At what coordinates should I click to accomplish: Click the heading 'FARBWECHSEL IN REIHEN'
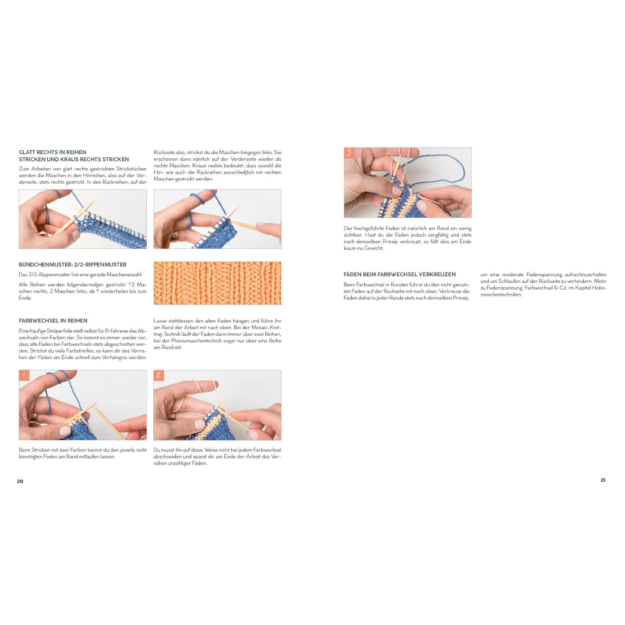(x=53, y=320)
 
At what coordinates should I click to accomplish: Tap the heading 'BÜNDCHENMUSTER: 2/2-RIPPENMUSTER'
(x=72, y=265)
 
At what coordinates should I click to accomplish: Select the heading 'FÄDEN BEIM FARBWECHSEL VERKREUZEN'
(x=400, y=274)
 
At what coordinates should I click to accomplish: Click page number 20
(x=20, y=481)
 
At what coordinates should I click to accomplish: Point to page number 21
(x=602, y=480)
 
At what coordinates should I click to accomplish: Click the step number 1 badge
(x=24, y=375)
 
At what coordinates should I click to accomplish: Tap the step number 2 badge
(x=159, y=375)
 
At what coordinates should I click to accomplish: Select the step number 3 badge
(x=349, y=153)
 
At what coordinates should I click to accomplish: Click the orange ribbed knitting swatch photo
(x=217, y=283)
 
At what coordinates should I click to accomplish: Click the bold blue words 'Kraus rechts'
(x=207, y=165)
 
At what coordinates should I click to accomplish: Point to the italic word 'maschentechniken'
(x=500, y=295)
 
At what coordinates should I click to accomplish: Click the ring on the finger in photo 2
(x=172, y=416)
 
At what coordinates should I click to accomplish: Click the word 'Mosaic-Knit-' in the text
(x=266, y=327)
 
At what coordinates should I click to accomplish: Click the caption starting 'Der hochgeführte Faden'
(x=407, y=238)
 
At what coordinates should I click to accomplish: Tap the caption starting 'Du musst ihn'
(x=217, y=457)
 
